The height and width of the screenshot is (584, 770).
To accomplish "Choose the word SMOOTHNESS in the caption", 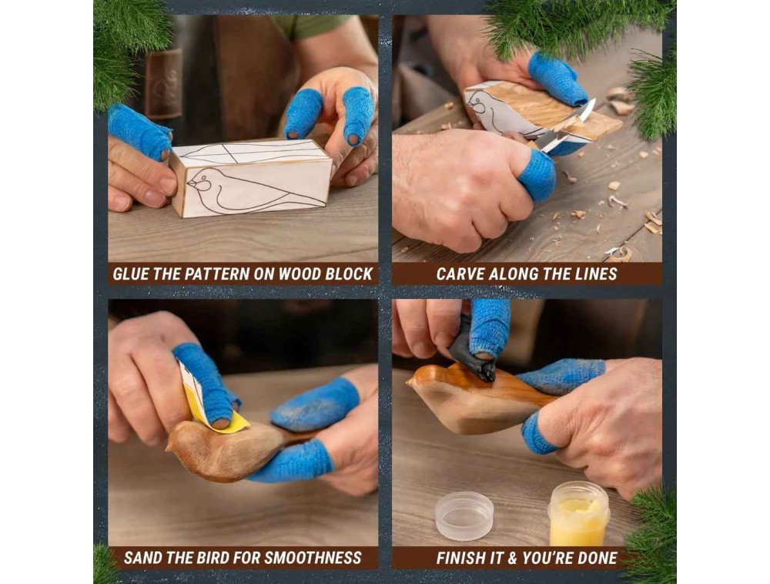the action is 312,558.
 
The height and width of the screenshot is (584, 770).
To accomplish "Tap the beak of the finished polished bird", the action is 410,380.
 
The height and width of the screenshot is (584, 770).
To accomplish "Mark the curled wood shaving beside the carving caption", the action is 620,253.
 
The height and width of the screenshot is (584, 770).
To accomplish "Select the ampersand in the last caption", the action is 512,558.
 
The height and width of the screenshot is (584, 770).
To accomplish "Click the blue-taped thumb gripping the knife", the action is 536,174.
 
